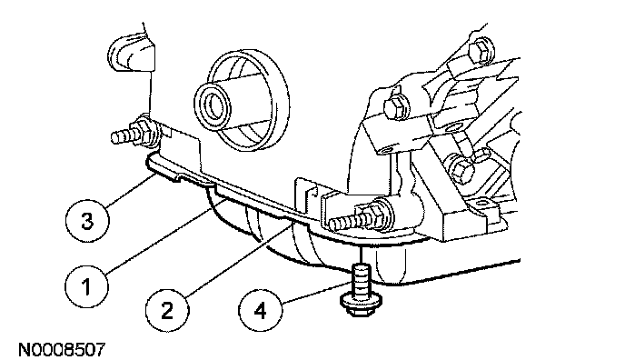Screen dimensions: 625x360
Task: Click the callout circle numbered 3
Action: click(x=87, y=221)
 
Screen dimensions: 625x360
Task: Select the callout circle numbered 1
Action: click(x=86, y=285)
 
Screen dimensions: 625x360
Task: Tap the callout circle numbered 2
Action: click(x=167, y=310)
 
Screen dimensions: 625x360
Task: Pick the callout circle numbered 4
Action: click(x=260, y=310)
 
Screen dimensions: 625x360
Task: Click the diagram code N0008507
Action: click(x=62, y=350)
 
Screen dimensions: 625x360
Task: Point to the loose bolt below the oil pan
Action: click(x=361, y=291)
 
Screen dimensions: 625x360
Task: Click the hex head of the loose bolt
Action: click(x=362, y=305)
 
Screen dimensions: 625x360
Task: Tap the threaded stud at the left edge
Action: click(x=124, y=135)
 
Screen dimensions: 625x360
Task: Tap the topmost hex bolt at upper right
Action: click(x=481, y=51)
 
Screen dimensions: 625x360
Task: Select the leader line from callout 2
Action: click(x=239, y=260)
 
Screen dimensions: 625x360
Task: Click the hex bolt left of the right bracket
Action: click(x=397, y=105)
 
